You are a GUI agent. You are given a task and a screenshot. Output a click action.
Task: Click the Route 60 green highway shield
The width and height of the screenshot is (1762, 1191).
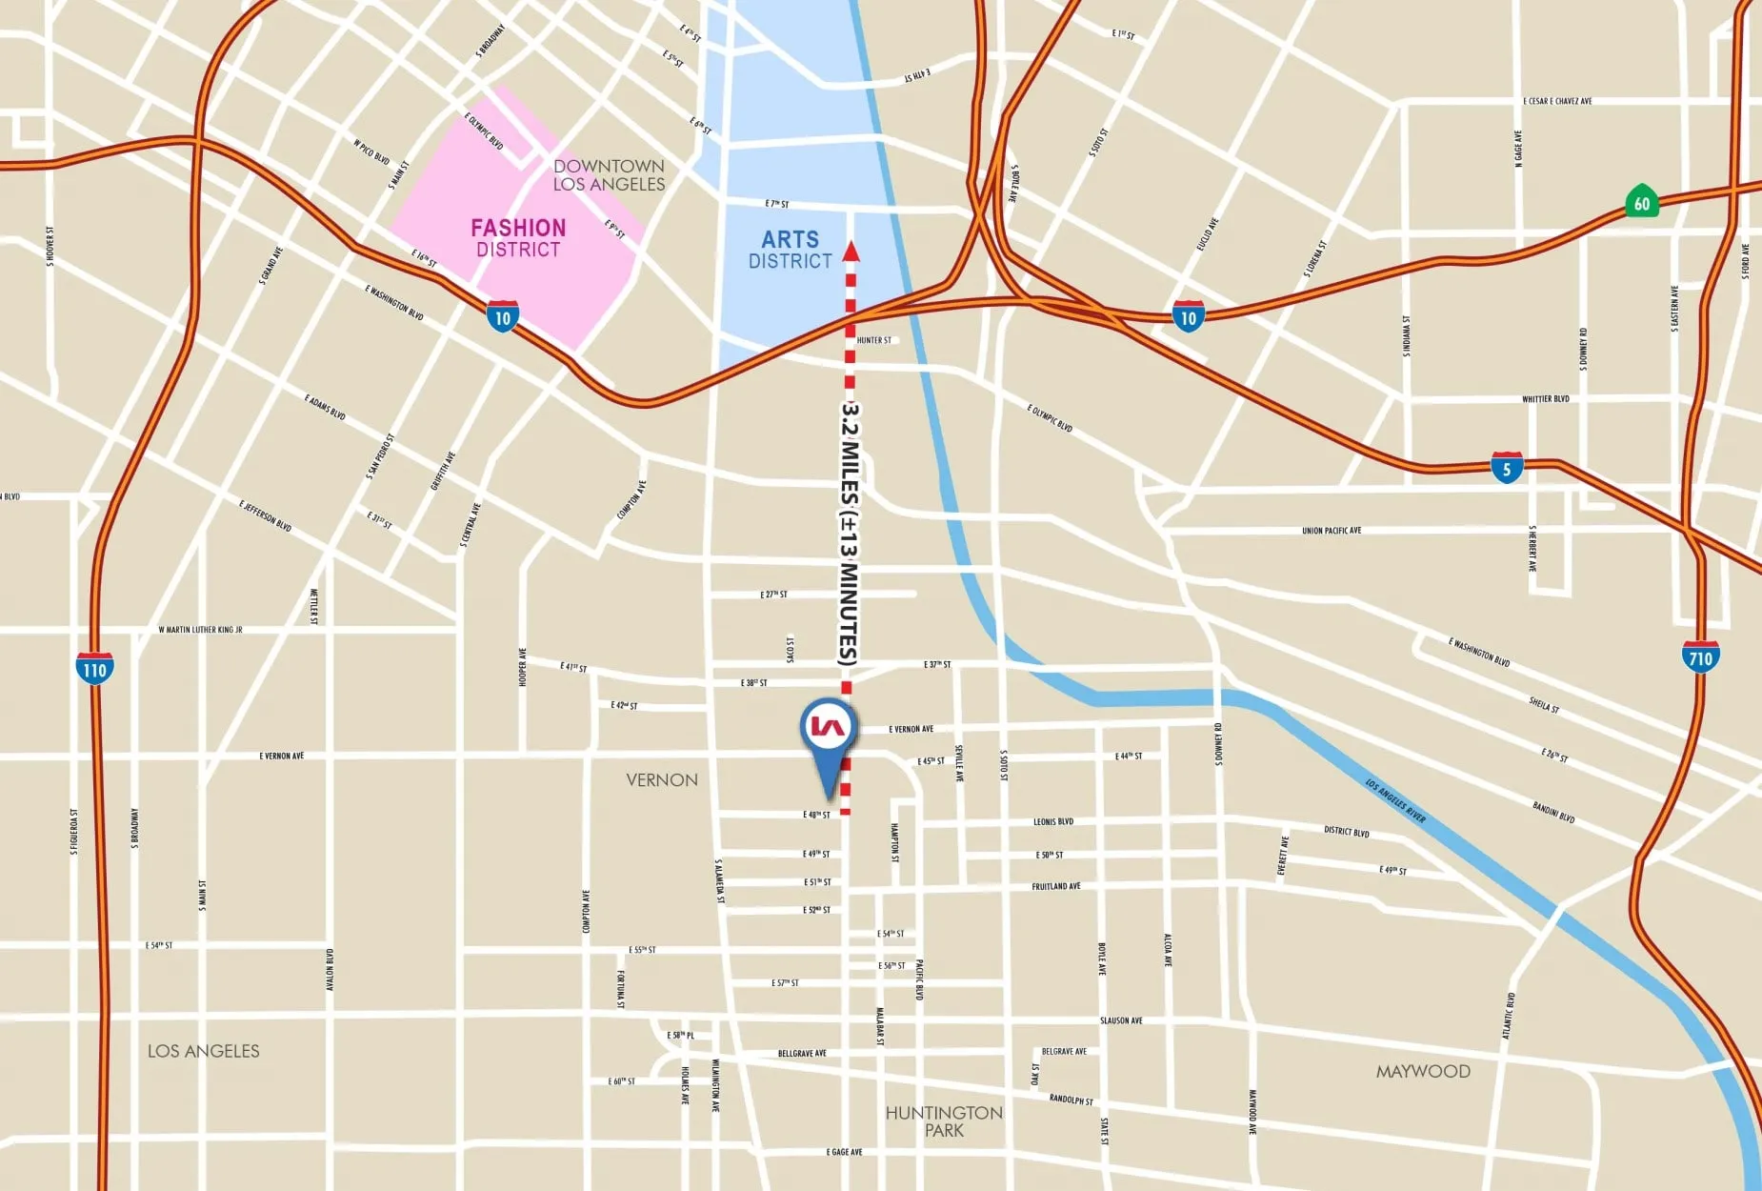(x=1641, y=202)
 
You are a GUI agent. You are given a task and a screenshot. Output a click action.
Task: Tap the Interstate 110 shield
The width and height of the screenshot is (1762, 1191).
(x=94, y=669)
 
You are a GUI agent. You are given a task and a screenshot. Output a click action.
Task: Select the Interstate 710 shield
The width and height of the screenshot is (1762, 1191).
(x=1700, y=657)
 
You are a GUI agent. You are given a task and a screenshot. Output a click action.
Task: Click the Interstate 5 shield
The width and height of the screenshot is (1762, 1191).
(x=1507, y=468)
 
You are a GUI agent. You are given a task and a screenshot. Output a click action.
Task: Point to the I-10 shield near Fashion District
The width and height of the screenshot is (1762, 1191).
(x=502, y=316)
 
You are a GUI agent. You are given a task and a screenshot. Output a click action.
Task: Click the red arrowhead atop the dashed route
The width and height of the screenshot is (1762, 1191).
(x=851, y=252)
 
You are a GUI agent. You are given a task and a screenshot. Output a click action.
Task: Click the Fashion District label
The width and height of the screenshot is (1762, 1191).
(x=518, y=238)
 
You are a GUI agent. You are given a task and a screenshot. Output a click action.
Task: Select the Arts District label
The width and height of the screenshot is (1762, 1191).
(x=790, y=250)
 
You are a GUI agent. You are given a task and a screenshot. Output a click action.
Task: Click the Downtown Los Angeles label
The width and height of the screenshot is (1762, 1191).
(x=609, y=175)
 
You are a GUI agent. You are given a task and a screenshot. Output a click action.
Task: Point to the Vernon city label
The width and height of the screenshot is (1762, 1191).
(x=662, y=779)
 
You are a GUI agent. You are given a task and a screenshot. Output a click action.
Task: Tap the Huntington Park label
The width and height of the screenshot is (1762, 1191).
(x=944, y=1121)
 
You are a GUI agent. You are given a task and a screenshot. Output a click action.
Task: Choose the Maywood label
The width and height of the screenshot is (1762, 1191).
(x=1423, y=1071)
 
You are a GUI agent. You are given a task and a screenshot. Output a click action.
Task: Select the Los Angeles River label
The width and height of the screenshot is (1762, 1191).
(x=1395, y=800)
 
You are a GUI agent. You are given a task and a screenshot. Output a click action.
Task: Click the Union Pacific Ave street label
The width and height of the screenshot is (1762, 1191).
(x=1332, y=531)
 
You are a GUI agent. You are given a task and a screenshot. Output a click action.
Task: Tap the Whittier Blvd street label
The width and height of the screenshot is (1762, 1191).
(x=1545, y=399)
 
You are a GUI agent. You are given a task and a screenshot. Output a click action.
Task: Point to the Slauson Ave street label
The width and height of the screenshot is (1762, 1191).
(x=1121, y=1020)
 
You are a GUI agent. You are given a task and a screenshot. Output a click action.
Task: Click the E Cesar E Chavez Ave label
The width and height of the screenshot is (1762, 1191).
(x=1557, y=101)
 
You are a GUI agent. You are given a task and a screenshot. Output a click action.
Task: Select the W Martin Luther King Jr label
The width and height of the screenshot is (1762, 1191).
(x=200, y=630)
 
